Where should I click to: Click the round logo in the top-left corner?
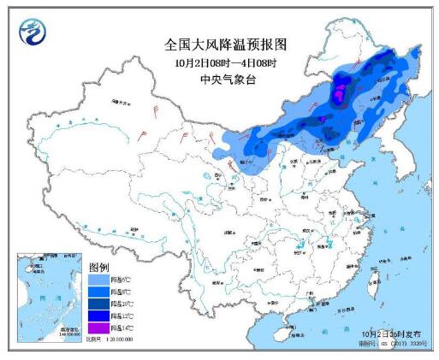[x=33, y=32]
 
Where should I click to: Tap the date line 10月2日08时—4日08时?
[x=219, y=62]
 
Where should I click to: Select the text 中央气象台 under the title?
[x=219, y=80]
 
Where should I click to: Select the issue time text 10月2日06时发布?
[x=389, y=332]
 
